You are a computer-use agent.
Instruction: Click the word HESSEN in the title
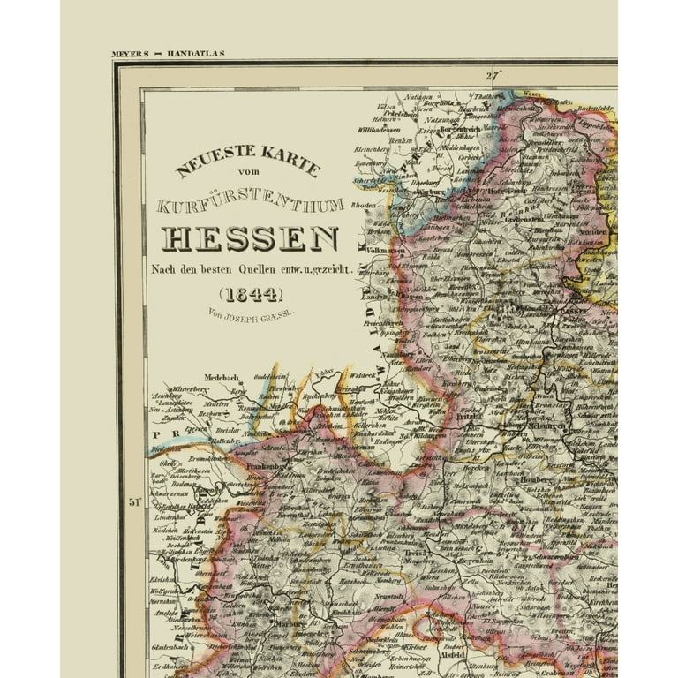point(250,239)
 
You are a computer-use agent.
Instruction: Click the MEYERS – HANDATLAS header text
point(168,54)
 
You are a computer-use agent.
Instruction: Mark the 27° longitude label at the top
point(492,76)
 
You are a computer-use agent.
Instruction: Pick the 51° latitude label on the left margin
point(135,503)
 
